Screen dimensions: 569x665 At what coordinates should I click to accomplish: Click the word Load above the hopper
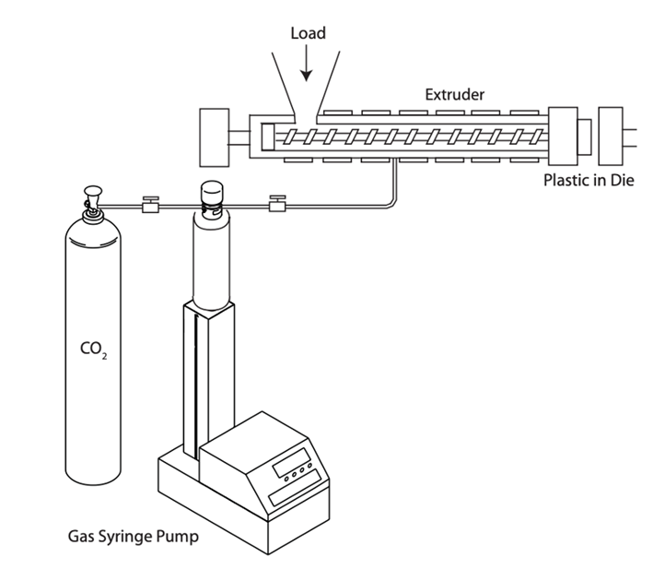(x=308, y=34)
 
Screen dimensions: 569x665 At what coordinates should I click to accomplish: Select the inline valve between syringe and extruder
(x=274, y=205)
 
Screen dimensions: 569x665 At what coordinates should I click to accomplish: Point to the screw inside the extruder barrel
(x=405, y=137)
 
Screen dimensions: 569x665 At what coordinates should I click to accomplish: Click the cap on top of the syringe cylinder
(x=212, y=191)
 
